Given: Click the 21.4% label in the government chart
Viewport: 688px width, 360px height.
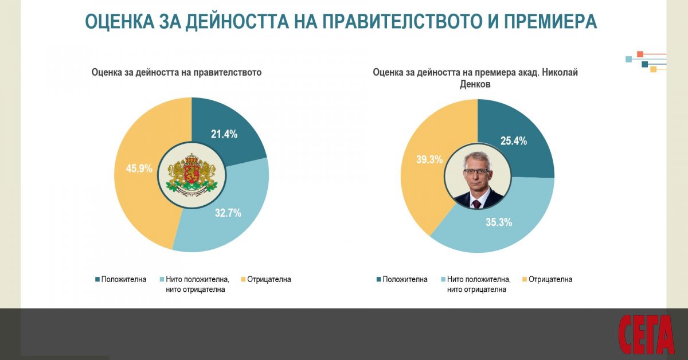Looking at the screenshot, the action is tap(224, 134).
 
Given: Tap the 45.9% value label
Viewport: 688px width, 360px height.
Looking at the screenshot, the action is tap(139, 169).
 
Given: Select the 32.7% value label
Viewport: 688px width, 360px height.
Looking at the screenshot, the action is tap(228, 213).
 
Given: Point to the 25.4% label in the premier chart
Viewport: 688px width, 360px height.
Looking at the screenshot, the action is tap(514, 141).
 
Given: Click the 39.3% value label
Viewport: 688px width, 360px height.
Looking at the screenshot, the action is tap(429, 159).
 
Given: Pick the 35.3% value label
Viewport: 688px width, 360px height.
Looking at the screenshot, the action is tap(499, 222).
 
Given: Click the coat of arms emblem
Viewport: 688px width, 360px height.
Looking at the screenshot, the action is tap(191, 175).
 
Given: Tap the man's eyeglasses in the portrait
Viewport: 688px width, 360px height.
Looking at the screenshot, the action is tap(476, 171).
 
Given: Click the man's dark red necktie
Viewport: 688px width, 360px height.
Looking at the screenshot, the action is tap(476, 204).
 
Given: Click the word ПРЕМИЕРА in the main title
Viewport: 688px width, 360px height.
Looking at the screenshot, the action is tap(550, 21).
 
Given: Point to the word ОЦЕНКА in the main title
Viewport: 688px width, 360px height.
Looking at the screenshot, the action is tap(120, 21).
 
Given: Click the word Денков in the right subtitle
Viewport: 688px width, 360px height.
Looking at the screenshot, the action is tap(475, 84).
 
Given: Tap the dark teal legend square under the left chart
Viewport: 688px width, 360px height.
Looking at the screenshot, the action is tap(97, 279).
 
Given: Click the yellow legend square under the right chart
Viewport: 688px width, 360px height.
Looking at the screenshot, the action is tap(525, 279).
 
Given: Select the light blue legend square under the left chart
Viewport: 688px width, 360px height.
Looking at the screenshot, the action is tap(162, 279).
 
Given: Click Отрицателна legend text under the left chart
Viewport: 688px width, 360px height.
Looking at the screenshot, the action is tap(269, 280).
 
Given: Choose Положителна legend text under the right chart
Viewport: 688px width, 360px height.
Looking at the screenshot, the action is tap(405, 280).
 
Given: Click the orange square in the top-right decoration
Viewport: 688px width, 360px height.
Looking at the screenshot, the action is tap(640, 54).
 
